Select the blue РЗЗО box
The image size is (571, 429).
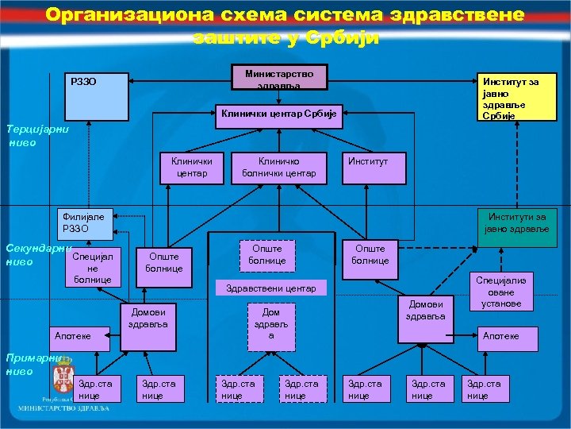(95, 96)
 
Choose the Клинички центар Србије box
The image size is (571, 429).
(278, 114)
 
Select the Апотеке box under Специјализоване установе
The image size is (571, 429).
(500, 336)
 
